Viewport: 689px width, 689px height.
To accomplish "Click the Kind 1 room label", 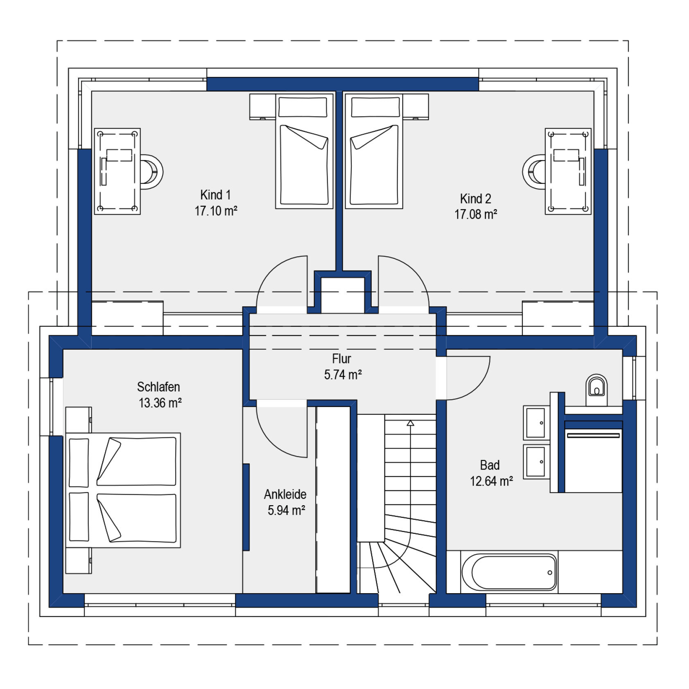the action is (215, 195).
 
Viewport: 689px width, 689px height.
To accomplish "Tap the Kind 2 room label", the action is (475, 199).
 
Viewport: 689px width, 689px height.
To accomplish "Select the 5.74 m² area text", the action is (343, 375).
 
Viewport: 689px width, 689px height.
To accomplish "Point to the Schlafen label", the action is (158, 387).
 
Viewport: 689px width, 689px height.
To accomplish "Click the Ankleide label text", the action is (285, 494).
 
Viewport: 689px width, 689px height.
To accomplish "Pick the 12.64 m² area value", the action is (491, 481).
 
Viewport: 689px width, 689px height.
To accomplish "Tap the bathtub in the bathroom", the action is (509, 572).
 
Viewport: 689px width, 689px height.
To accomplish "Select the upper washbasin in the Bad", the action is (536, 423).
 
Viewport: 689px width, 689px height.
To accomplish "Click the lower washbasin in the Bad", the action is (536, 462).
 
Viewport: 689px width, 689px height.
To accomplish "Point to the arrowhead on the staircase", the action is (410, 423).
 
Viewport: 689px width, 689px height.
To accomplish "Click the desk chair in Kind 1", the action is (151, 172).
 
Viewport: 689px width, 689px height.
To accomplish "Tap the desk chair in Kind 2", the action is (534, 172).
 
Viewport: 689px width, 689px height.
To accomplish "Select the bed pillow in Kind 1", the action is (303, 107).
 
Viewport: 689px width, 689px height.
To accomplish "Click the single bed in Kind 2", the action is (374, 151).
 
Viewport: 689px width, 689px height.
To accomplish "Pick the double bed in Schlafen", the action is (123, 490).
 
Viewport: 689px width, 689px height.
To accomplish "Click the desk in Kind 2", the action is (568, 171).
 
